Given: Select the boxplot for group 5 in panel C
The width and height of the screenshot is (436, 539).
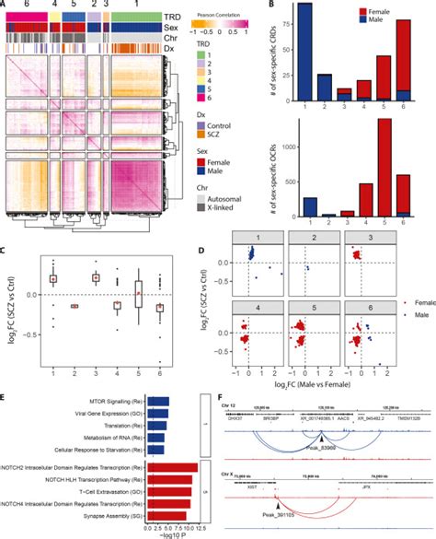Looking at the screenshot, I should point(139,293).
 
